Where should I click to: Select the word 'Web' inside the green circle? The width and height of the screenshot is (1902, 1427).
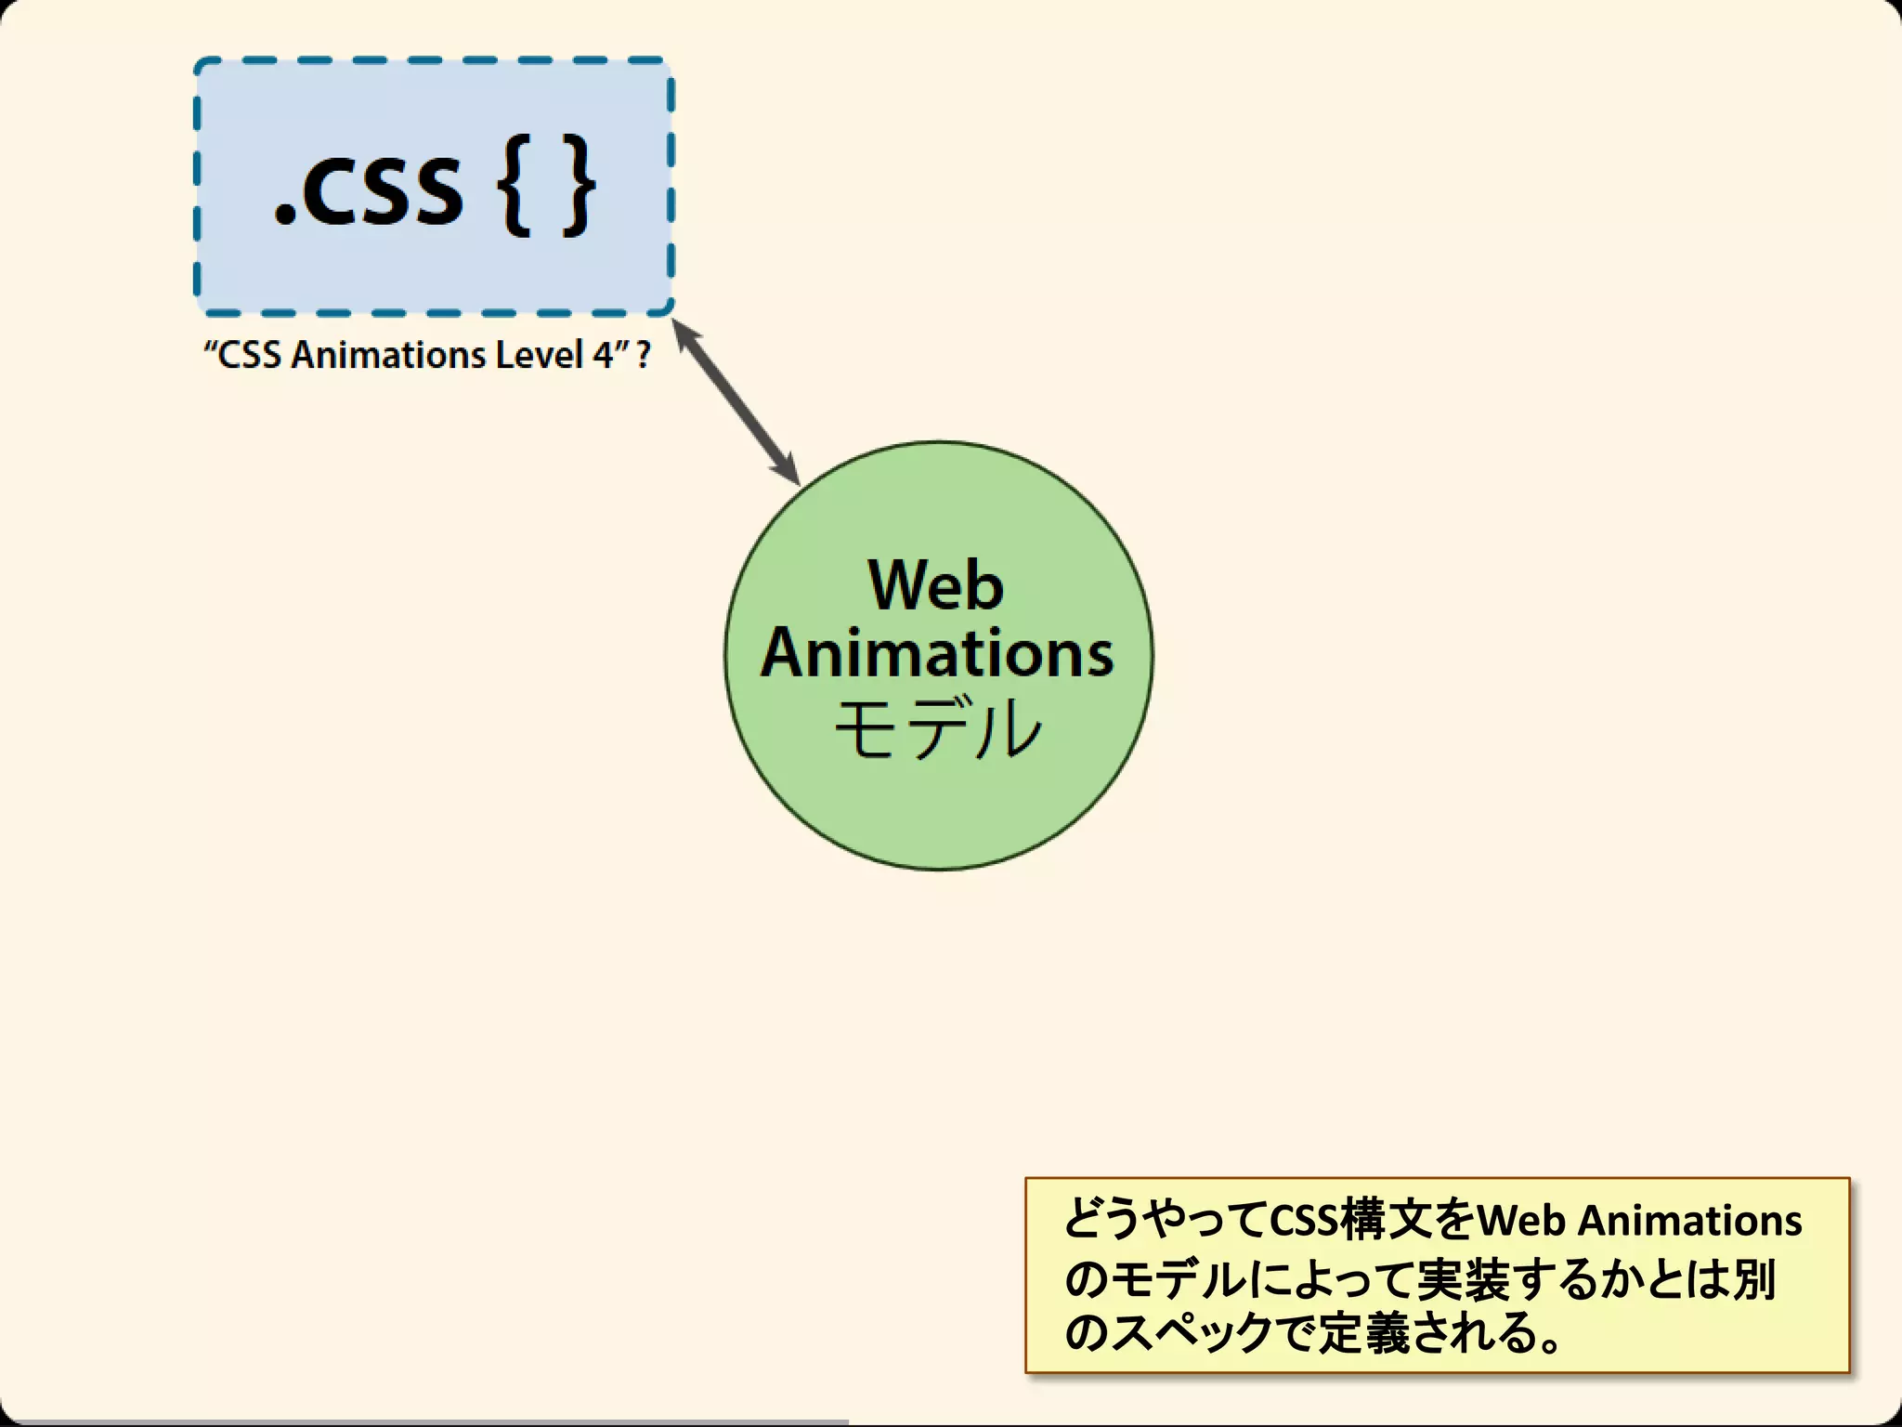pyautogui.click(x=935, y=585)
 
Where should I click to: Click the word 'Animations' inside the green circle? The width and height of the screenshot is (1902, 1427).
pyautogui.click(x=937, y=653)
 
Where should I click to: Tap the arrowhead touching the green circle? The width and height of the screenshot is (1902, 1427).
pyautogui.click(x=788, y=470)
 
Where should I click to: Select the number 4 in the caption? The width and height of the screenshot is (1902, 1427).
pyautogui.click(x=602, y=355)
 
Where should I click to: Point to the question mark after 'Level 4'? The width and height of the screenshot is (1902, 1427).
pyautogui.click(x=643, y=355)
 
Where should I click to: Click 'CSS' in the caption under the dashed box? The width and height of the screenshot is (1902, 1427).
pyautogui.click(x=249, y=355)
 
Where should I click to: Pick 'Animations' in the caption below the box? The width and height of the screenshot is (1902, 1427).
pyautogui.click(x=388, y=355)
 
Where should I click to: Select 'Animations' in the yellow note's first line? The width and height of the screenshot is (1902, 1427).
pyautogui.click(x=1690, y=1221)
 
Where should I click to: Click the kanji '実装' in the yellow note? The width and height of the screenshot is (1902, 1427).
pyautogui.click(x=1462, y=1279)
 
